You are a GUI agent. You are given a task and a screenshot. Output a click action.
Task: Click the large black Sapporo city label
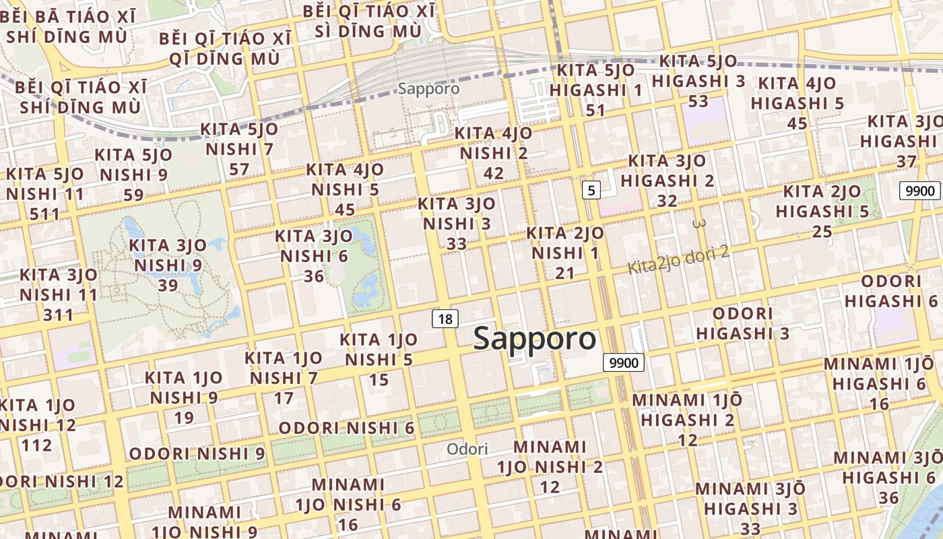tap(535, 339)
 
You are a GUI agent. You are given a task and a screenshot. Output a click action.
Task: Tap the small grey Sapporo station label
tap(428, 88)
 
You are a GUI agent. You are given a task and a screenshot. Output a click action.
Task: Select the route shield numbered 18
tap(445, 318)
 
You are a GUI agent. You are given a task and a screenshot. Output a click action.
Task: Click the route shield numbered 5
tap(591, 190)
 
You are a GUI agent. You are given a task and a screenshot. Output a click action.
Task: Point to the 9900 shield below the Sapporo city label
tap(623, 362)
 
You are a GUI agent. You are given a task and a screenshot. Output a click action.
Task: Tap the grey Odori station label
tap(467, 449)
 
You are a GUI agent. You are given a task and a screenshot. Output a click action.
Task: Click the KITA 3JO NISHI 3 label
tap(456, 223)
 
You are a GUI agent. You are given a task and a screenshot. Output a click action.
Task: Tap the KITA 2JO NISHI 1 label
tap(564, 253)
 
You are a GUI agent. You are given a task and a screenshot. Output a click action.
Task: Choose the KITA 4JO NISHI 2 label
tap(493, 153)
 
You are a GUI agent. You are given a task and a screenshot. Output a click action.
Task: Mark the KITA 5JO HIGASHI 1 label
tap(595, 90)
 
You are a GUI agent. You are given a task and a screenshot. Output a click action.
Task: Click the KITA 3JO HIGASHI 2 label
tap(667, 181)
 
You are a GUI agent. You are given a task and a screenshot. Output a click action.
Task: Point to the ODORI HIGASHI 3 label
tap(742, 323)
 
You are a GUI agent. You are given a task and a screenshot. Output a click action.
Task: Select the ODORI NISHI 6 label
tap(346, 428)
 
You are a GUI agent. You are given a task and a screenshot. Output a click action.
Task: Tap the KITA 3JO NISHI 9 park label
tap(168, 265)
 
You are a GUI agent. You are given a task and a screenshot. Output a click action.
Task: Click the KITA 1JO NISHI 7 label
tap(283, 377)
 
